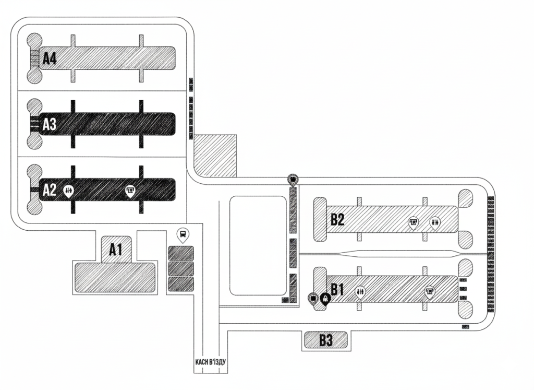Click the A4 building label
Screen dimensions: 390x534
coord(50,58)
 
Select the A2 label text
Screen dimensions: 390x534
coord(50,190)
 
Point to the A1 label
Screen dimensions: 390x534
coord(115,250)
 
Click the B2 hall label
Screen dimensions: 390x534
coord(337,220)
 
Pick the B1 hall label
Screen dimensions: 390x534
coord(338,289)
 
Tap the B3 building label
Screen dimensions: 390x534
coord(326,340)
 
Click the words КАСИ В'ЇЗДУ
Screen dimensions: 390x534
coord(208,361)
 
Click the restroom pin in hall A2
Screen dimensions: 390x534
coord(69,191)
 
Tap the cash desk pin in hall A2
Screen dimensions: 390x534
coord(131,191)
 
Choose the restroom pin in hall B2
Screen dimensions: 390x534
coord(435,223)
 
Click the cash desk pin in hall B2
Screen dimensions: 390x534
coord(413,223)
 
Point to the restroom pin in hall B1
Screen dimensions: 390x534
coord(360,292)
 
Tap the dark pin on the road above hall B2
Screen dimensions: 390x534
coord(294,181)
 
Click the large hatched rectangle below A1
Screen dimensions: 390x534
coord(115,277)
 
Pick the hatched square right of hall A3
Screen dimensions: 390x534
coord(215,155)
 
